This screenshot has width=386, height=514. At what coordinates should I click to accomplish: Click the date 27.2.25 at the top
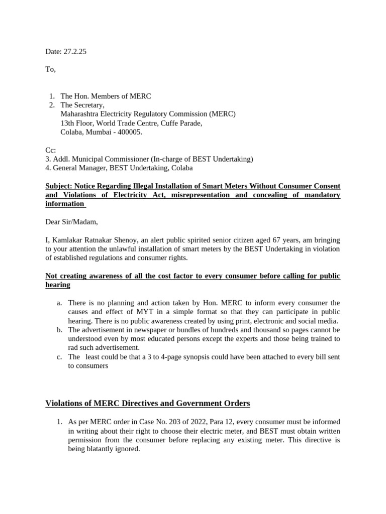pos(75,51)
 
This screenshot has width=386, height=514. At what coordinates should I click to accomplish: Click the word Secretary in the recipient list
pos(88,105)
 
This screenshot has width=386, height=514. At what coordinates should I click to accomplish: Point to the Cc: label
pos(51,150)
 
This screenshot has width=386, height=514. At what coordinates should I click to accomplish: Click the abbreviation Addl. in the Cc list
pos(62,159)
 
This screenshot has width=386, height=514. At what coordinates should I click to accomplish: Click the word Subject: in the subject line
pos(61,186)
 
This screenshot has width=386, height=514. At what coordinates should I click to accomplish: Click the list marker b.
pos(59,330)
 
